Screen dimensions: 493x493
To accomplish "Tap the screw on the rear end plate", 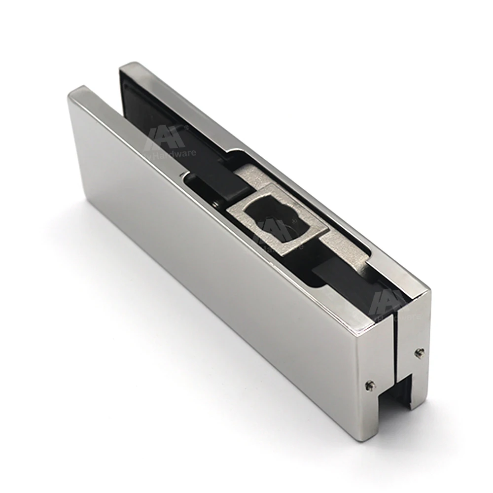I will (x=420, y=352).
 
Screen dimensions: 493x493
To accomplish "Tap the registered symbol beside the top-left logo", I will (x=186, y=128).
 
